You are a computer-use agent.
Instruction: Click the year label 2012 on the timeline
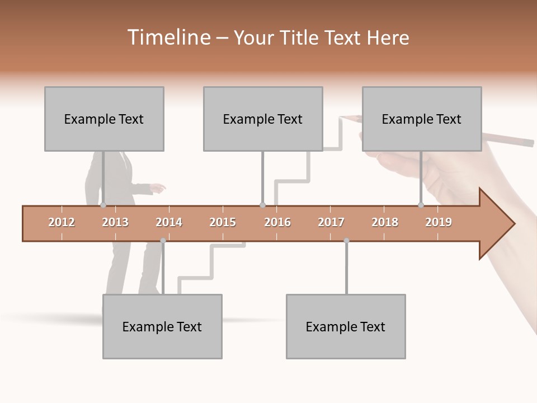click(62, 222)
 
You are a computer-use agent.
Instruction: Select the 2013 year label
click(115, 222)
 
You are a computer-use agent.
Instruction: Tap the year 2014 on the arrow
click(169, 222)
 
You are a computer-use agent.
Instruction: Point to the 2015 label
click(223, 222)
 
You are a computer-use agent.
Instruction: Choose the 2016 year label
click(277, 222)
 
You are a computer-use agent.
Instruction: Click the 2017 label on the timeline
click(331, 222)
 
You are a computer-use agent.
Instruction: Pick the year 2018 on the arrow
click(385, 222)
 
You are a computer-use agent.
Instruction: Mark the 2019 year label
click(439, 222)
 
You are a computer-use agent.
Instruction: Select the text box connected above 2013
click(104, 119)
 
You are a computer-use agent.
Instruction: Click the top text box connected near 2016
click(263, 119)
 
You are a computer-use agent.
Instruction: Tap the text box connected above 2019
click(422, 119)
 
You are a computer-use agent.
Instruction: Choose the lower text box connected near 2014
click(162, 326)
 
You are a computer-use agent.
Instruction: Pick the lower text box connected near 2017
click(346, 326)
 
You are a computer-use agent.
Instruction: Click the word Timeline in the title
click(168, 38)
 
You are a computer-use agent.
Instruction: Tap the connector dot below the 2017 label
click(346, 241)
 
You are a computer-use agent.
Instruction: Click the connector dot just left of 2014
click(163, 241)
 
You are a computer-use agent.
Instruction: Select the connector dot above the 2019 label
click(421, 205)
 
